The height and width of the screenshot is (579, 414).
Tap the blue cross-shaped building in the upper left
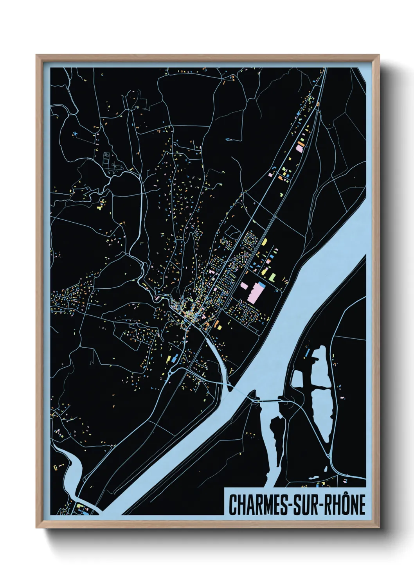[75, 134]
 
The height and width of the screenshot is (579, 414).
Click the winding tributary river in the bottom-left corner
[74, 469]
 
